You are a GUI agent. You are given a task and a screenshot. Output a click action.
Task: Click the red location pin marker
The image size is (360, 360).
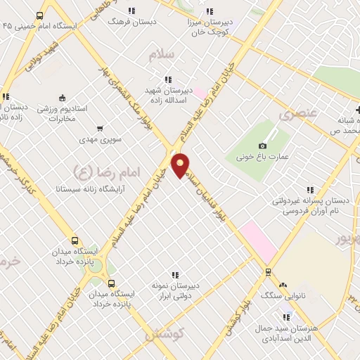click(181, 165)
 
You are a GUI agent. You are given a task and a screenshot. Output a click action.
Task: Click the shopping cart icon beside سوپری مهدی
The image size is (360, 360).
click(99, 129)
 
